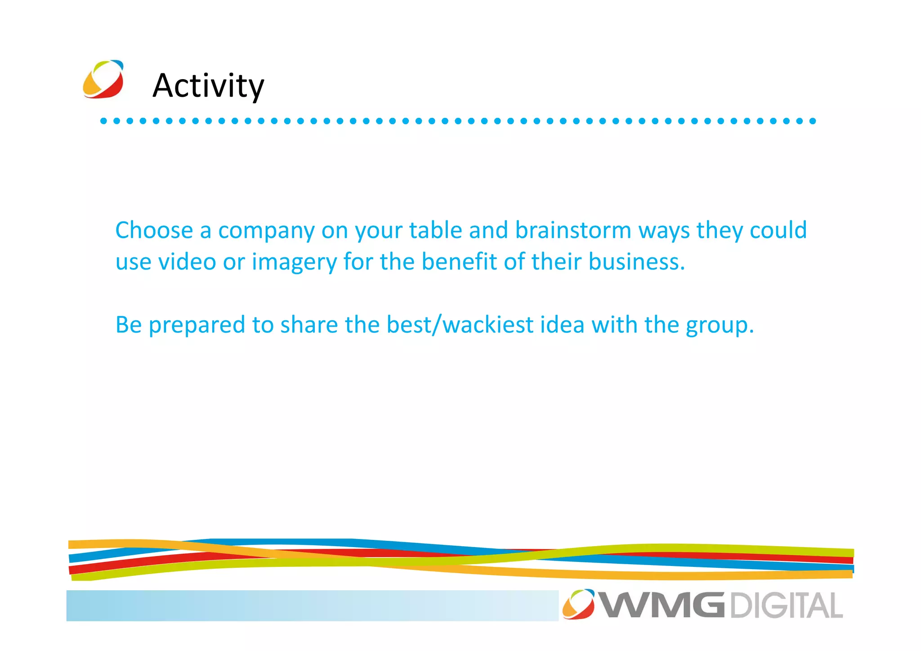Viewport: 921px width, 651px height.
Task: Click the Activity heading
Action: pos(208,85)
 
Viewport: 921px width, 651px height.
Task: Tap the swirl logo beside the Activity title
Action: pos(103,79)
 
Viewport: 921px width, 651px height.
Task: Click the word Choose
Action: pos(154,230)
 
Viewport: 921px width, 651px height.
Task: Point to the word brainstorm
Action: pos(573,230)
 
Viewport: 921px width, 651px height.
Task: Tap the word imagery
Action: pos(294,262)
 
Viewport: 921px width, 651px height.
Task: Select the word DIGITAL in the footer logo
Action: pos(786,606)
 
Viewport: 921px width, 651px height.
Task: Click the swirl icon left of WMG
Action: pos(578,604)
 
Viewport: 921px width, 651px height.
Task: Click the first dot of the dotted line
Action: pos(103,121)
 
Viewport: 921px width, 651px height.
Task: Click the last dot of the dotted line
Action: pos(813,121)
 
